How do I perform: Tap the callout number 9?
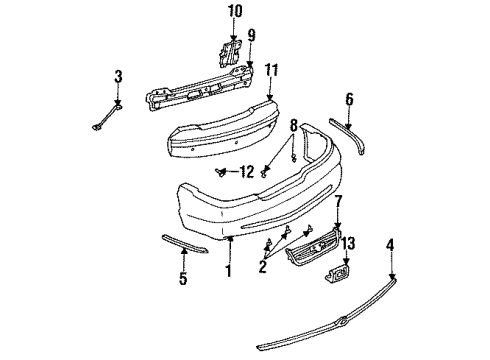[251, 35]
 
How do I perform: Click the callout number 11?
[270, 71]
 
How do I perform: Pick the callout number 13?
[348, 246]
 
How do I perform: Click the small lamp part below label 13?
[339, 277]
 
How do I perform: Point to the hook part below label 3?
[107, 123]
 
